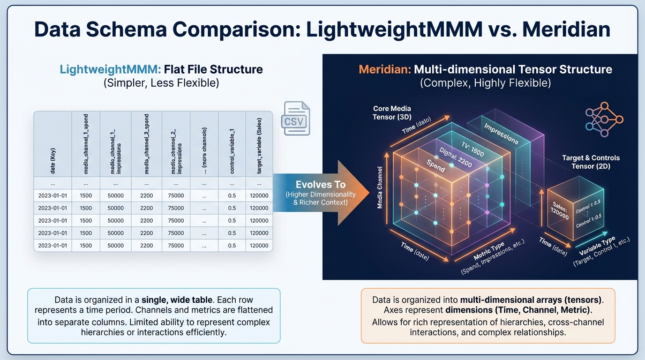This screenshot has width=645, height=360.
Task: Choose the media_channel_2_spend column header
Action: click(x=146, y=143)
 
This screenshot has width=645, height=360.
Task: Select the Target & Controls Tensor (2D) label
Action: click(x=591, y=162)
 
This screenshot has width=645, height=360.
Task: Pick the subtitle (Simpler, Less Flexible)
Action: click(x=161, y=83)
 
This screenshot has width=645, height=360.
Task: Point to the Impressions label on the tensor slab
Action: click(x=501, y=134)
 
